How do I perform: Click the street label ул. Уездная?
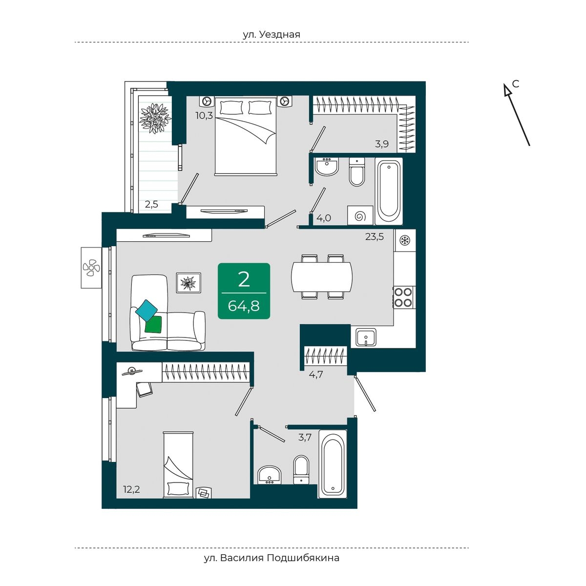tap(272, 34)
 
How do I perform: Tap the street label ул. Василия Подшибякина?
tap(272, 558)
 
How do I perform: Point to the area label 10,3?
tap(204, 116)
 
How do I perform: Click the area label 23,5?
tap(375, 237)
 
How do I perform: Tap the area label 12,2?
tap(131, 489)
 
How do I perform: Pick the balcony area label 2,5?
tap(151, 204)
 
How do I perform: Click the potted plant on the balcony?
tap(155, 118)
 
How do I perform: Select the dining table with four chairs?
tap(322, 276)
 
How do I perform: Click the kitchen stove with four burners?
tap(404, 297)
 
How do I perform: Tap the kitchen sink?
tap(366, 337)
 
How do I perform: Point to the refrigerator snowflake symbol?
tap(405, 240)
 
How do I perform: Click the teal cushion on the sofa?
tap(147, 310)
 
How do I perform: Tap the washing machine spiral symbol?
tap(360, 215)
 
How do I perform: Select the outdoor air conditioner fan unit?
tap(91, 268)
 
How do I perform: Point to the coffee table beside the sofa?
tap(188, 283)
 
